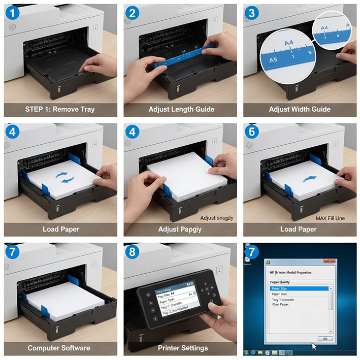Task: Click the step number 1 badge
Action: (12, 13)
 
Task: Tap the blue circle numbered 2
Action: (133, 13)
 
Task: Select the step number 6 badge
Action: (252, 132)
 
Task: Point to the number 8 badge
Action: (133, 252)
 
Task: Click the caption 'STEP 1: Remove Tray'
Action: (60, 109)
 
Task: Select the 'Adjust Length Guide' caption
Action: (181, 109)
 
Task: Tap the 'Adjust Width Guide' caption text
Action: (300, 109)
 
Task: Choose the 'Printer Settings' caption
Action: (181, 348)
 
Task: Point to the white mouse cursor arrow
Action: (314, 346)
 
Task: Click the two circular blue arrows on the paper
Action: (63, 177)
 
